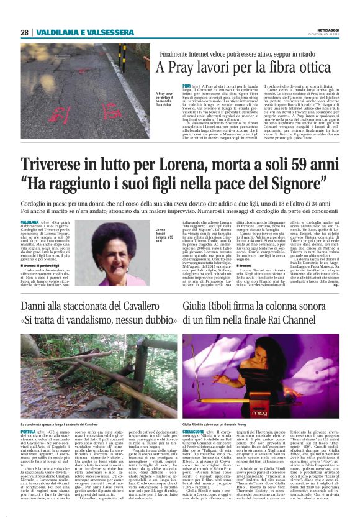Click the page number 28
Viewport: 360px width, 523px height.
[24, 32]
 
